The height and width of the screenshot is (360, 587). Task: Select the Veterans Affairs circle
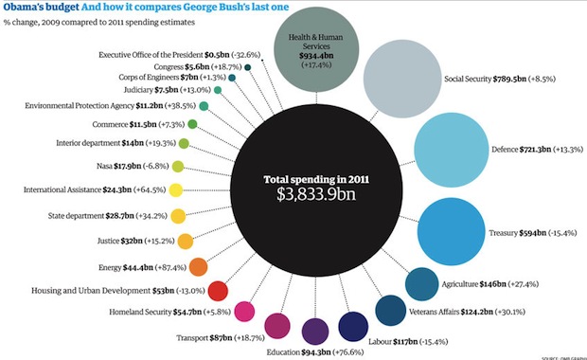(x=391, y=310)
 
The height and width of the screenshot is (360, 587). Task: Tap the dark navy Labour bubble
(x=353, y=327)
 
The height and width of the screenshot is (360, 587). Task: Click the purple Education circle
(x=315, y=331)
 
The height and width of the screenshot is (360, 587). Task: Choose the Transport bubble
(x=277, y=326)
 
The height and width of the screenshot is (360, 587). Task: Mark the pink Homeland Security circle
(x=244, y=312)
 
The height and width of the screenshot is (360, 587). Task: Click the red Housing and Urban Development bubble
(x=218, y=290)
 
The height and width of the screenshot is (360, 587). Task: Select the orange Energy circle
(x=199, y=266)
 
